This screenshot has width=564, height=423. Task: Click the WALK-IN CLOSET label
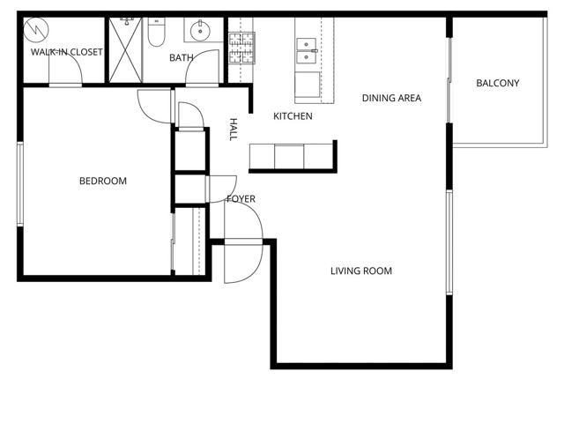coord(67,52)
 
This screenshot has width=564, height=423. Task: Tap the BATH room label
coord(182,58)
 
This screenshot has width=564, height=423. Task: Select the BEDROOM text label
coord(103,182)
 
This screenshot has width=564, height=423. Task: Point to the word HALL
coord(234,130)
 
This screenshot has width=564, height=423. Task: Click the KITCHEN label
coord(293,116)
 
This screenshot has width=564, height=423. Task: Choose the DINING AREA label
coord(391,98)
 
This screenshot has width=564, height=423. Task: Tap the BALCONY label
coord(497,84)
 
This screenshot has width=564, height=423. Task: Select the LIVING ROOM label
coord(361,271)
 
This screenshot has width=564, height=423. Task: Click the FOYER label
coord(241,199)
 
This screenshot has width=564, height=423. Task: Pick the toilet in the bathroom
coord(156,33)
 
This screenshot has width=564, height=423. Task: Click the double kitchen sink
coord(307,51)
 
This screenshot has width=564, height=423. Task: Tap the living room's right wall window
coord(449,241)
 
